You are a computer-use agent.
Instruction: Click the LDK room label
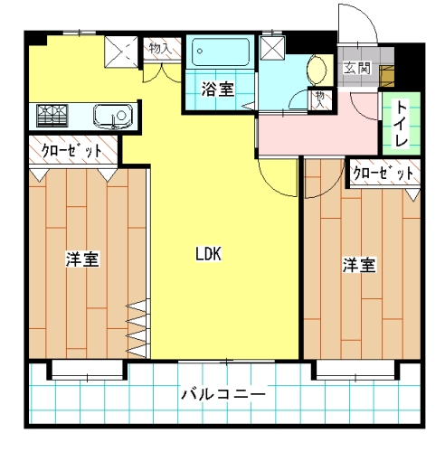tap(209, 254)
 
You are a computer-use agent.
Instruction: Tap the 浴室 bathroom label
tap(218, 89)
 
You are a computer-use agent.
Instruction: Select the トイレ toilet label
tap(402, 125)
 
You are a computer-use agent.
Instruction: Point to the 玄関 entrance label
tap(357, 68)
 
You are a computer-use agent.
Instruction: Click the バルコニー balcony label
tap(223, 394)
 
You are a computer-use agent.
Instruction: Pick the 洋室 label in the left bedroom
tap(82, 259)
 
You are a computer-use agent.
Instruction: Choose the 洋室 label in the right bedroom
tap(359, 265)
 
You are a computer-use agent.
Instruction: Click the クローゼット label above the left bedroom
tap(72, 150)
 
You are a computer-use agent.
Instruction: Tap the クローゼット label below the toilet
tap(383, 174)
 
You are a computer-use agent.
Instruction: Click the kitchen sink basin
tap(113, 117)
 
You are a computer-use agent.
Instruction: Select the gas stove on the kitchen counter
tap(52, 116)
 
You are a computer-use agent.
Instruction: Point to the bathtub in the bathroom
tap(221, 52)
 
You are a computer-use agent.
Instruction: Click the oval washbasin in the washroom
tap(317, 70)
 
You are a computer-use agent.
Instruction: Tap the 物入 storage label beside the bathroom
tap(161, 48)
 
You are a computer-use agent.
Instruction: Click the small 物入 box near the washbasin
tap(320, 99)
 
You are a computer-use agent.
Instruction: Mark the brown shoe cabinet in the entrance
tap(387, 76)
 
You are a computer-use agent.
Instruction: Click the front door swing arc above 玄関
tap(365, 15)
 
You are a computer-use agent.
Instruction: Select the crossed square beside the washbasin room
tap(272, 48)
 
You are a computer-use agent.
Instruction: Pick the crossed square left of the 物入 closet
tap(121, 52)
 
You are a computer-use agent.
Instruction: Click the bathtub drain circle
tap(200, 51)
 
